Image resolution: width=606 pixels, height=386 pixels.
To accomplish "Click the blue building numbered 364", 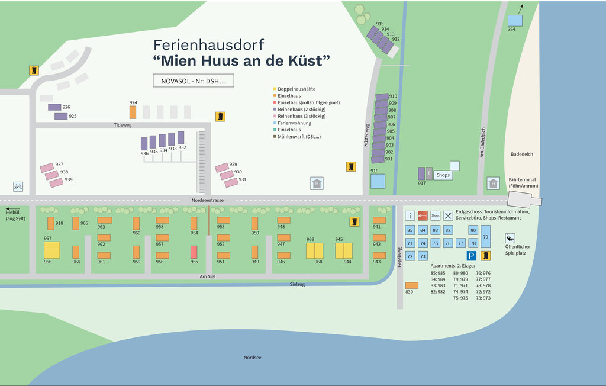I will [515, 21].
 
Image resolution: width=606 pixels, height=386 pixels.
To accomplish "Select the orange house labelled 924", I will [133, 112].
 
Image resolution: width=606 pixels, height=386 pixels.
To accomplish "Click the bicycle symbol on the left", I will [18, 186].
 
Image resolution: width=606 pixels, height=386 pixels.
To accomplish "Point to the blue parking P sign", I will [471, 256].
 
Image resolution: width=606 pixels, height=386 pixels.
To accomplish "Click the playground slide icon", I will [510, 238].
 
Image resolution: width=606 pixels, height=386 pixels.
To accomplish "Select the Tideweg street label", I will [123, 125].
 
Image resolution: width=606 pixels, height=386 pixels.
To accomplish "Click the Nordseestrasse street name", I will [208, 201].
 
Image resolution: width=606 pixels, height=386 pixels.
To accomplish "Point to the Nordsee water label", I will [253, 358].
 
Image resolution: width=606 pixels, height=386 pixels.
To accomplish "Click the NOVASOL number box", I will [193, 81].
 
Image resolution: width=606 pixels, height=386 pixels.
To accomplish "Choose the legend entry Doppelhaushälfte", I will [297, 89].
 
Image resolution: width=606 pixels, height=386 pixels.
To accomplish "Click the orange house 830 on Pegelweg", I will [412, 285].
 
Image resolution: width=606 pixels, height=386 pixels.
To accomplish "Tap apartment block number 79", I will [485, 236].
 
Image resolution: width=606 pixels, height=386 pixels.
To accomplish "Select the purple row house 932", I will [181, 137].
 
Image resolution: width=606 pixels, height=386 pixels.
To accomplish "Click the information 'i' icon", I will [410, 216].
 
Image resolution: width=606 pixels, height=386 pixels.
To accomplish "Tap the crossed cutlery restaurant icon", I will [449, 216].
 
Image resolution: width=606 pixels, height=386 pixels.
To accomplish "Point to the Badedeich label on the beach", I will [522, 154].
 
